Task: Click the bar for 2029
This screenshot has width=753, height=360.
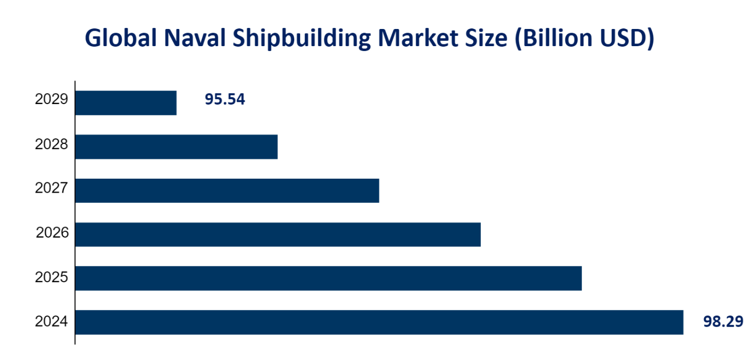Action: pos(126,103)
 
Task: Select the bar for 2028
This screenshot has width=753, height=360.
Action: pos(176,147)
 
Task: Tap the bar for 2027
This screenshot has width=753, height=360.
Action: pos(227,191)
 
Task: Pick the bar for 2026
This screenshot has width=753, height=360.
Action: pos(277,234)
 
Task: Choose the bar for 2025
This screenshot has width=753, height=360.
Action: pos(328,278)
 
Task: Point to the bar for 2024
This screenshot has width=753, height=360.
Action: pos(379,322)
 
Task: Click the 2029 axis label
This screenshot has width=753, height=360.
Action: pos(52,100)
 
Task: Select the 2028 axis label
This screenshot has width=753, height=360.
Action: pos(52,144)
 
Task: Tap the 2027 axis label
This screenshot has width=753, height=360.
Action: pos(52,188)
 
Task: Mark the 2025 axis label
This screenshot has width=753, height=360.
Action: pos(52,277)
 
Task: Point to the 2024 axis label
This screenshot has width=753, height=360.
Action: pos(52,322)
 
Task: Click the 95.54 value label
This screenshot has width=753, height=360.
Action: pos(224,100)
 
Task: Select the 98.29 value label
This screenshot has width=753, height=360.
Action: pos(723,322)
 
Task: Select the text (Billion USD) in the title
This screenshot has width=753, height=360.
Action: pos(584,40)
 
